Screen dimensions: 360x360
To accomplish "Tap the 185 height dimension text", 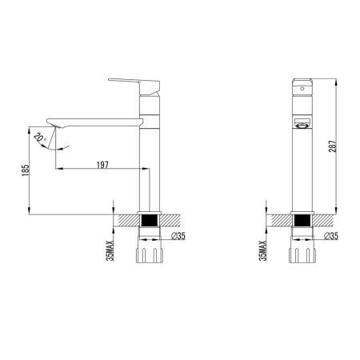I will [26, 170].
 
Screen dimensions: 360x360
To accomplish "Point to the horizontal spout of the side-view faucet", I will [96, 122].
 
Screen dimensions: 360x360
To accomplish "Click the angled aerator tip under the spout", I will [54, 124].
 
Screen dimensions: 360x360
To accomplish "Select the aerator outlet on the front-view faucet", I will [302, 124].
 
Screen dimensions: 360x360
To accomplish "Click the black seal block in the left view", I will [149, 219].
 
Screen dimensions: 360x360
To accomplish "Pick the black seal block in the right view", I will [302, 219].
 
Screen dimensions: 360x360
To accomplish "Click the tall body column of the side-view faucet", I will [149, 168].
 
